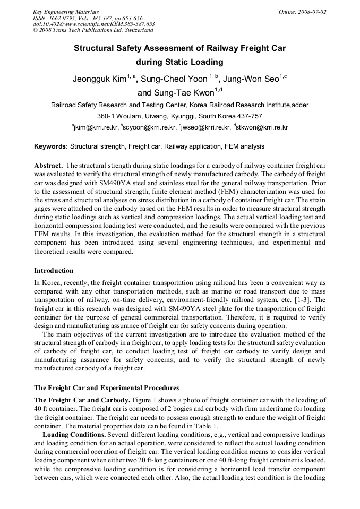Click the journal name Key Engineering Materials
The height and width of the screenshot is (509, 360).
[65, 11]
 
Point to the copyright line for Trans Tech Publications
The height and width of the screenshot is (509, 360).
[85, 30]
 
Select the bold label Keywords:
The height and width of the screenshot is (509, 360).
[51, 146]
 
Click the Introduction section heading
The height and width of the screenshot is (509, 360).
[54, 271]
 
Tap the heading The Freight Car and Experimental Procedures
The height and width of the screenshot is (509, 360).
[106, 387]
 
